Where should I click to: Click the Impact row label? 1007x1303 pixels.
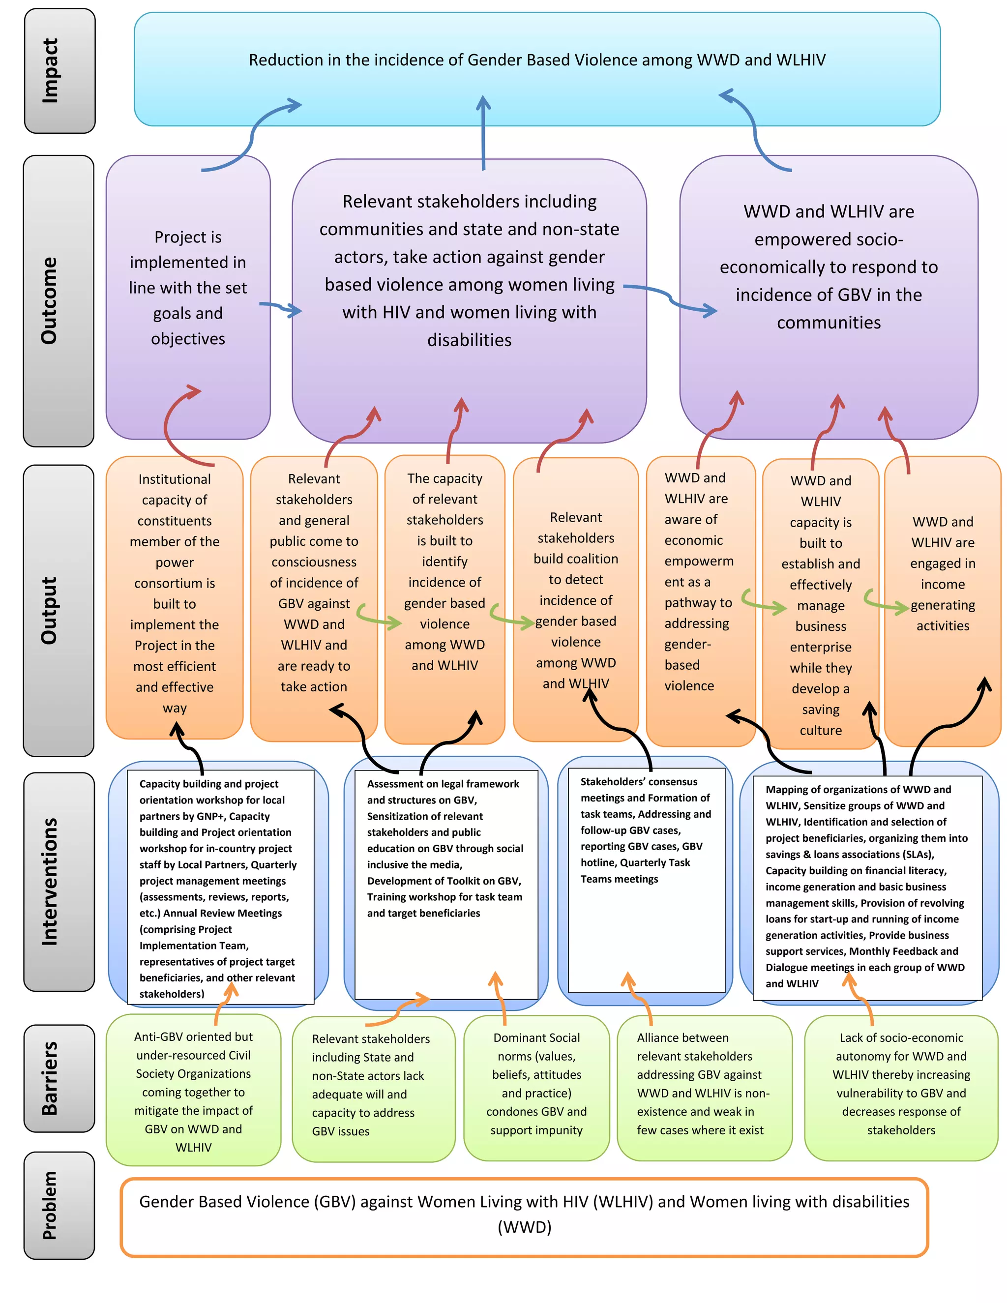pos(59,71)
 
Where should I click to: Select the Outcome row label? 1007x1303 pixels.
pos(59,301)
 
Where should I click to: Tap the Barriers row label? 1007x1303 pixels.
pos(59,1078)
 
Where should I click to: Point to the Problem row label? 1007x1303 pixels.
pos(59,1205)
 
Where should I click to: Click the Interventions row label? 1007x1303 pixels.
pos(59,881)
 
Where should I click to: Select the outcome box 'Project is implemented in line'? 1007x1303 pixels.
pos(188,288)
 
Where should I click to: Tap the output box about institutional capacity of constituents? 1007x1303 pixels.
pos(174,593)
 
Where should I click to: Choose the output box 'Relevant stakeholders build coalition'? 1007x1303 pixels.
pos(576,599)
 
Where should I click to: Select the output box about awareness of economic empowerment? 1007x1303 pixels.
pos(699,582)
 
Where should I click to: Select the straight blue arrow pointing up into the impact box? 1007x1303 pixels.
pos(483,134)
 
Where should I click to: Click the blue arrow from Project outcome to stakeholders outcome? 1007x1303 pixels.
pos(280,308)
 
